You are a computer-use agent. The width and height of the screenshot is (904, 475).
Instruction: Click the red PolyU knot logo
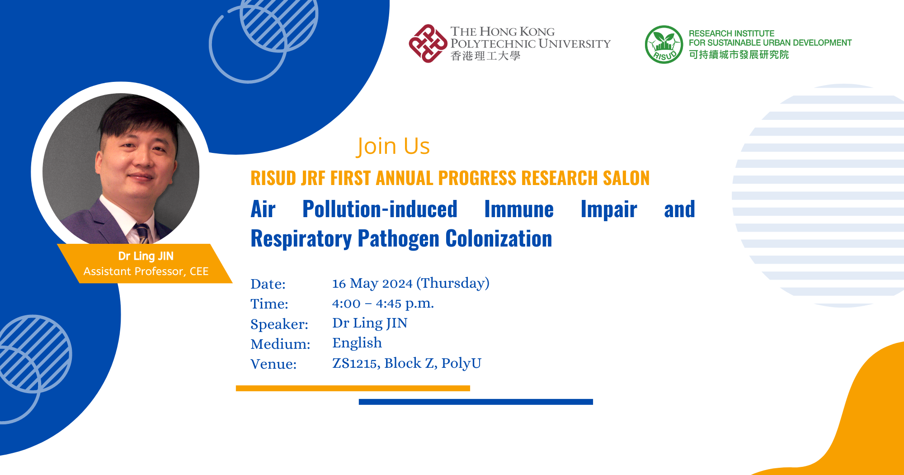point(428,43)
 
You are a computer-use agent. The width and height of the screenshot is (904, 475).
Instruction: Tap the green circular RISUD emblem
point(664,44)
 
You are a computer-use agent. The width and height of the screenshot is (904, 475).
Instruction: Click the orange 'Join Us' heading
point(393,146)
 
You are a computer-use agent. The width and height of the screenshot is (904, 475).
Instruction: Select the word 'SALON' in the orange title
point(626,178)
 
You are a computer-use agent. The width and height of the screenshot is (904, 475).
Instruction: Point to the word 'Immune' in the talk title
point(519,209)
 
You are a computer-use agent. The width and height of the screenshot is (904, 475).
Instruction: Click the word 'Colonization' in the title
point(499,238)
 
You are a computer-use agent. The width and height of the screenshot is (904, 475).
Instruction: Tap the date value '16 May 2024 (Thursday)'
point(410,283)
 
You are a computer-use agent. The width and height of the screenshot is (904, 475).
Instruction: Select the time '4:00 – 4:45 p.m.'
point(383,303)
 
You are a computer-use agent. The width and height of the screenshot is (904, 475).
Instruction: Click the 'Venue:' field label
point(273,364)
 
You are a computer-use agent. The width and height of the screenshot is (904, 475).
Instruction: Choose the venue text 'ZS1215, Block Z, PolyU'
point(407,363)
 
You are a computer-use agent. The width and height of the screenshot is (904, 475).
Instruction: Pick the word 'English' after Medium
point(357,343)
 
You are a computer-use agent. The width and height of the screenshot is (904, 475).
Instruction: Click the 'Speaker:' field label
point(279,324)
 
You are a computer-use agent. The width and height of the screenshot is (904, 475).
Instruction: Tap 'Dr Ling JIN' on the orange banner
point(146,256)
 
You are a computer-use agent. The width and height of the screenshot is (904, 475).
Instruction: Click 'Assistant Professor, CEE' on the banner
point(146,271)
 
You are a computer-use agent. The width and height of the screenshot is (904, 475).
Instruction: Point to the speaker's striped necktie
point(142,233)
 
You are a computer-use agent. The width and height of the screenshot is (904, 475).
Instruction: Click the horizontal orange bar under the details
point(353,388)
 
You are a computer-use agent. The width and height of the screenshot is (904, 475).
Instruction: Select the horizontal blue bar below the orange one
point(476,402)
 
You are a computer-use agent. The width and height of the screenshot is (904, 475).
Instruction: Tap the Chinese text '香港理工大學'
point(485,56)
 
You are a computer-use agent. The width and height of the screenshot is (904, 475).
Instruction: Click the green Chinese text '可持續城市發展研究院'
point(739,55)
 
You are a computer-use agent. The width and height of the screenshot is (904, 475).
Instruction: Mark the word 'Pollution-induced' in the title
point(380,209)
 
